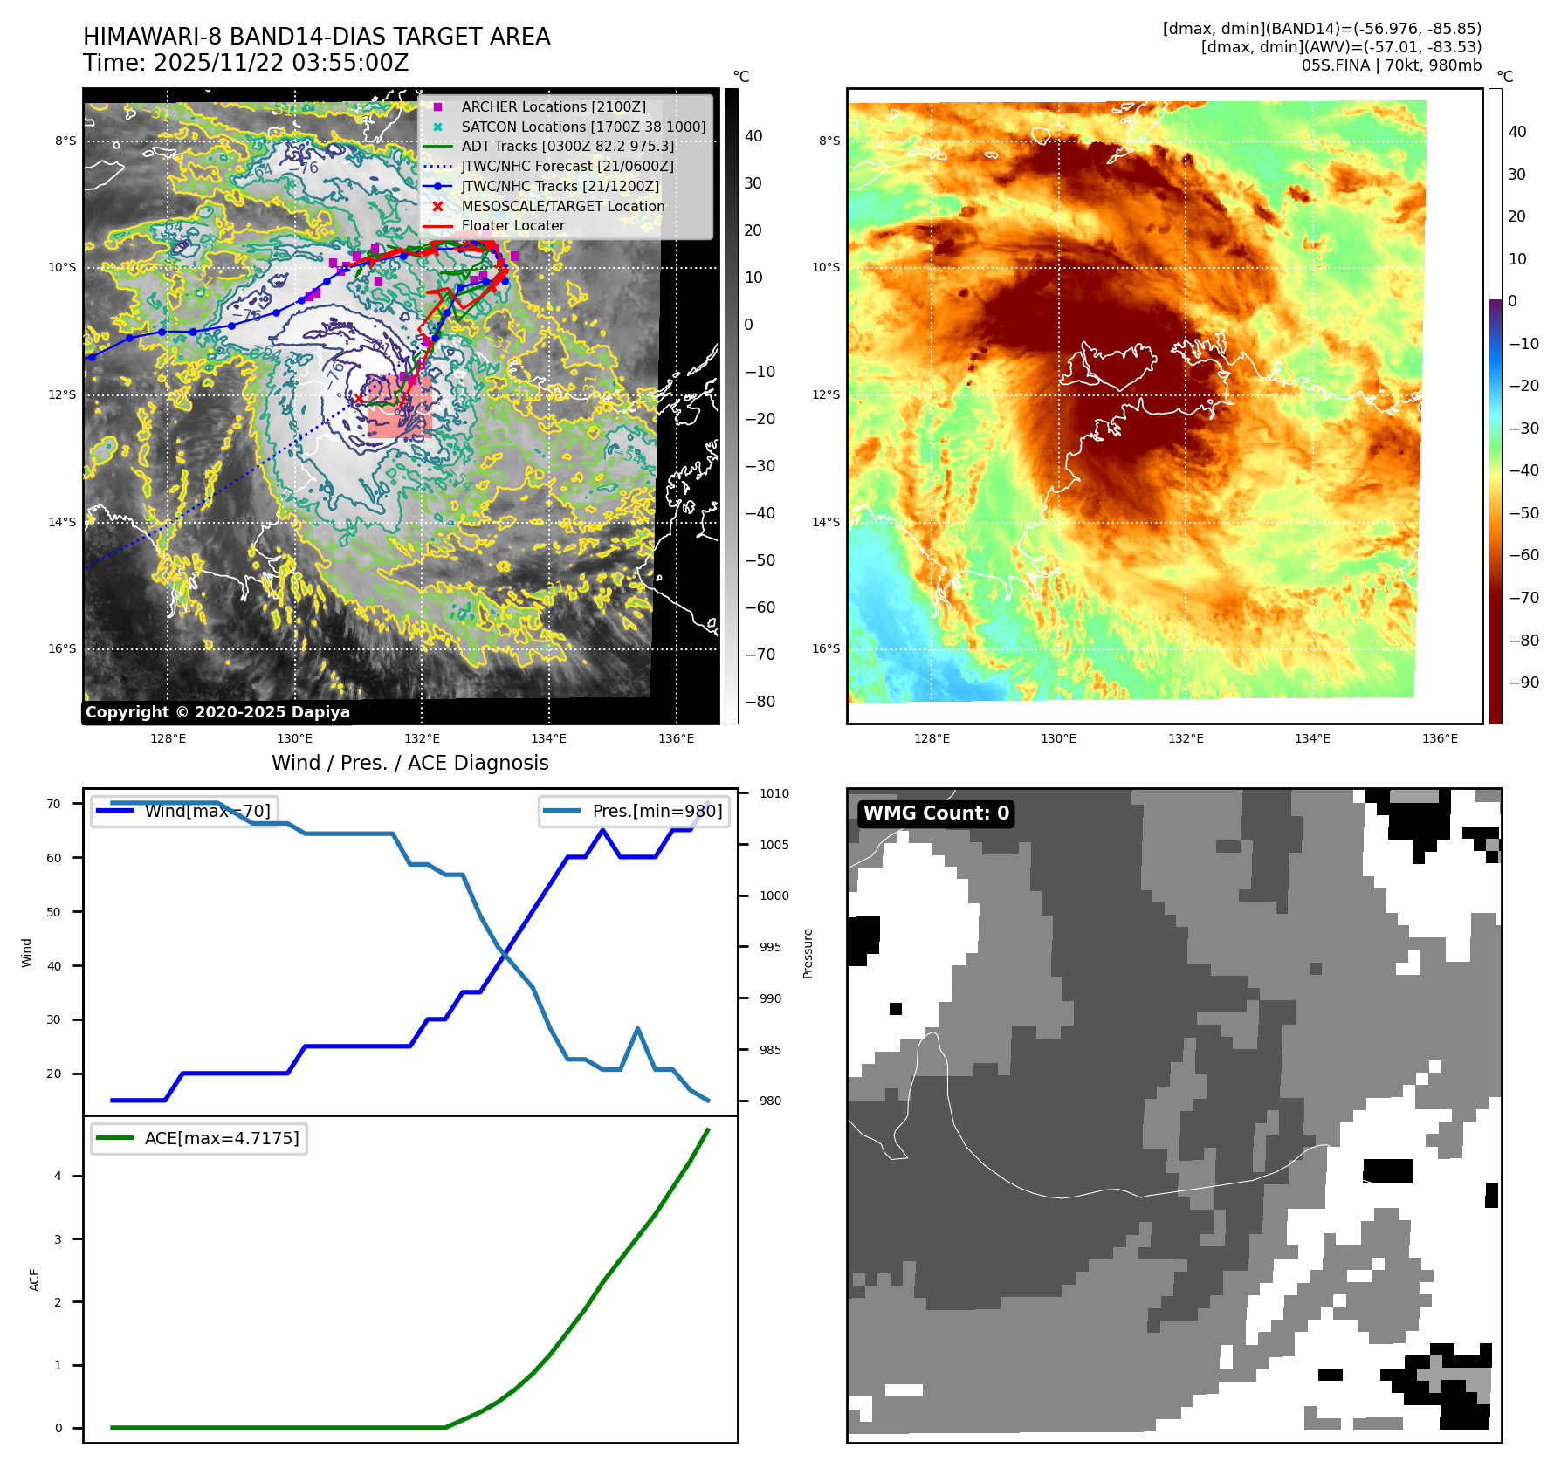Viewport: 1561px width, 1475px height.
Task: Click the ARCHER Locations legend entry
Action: coord(554,106)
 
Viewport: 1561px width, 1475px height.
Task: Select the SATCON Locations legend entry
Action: coord(583,127)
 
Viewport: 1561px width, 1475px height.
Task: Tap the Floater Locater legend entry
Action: coord(512,225)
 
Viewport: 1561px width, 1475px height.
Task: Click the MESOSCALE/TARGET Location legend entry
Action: coord(562,206)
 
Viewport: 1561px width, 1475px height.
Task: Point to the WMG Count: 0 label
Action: coord(936,813)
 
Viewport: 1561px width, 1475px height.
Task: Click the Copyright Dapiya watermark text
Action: coord(217,712)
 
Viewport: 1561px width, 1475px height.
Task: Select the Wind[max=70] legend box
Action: coord(185,811)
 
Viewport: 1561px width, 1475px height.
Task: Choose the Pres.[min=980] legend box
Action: coord(634,811)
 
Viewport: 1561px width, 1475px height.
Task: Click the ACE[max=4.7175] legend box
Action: coord(199,1138)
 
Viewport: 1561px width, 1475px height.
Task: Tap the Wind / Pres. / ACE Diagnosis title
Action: coord(409,763)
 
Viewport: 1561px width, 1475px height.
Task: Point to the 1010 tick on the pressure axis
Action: coord(774,793)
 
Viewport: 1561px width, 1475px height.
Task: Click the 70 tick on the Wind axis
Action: coord(54,804)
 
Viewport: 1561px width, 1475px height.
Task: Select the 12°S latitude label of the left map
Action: coord(62,394)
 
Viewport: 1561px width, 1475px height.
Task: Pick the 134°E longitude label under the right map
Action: coord(1312,738)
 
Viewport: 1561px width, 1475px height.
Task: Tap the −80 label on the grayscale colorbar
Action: coord(760,702)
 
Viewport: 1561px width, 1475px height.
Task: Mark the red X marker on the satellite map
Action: coord(358,399)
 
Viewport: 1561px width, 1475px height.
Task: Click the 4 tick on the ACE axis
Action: coord(58,1176)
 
